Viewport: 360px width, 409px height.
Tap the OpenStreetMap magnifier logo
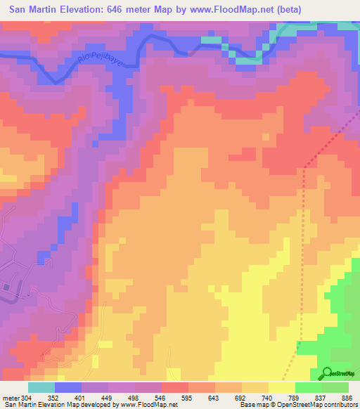(326, 374)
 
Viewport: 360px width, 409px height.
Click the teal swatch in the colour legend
(41, 387)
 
